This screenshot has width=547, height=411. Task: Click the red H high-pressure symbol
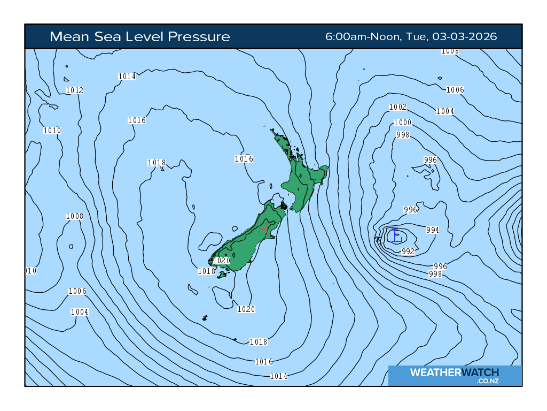click(x=263, y=230)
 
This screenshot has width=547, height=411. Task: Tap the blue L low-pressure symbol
click(x=395, y=235)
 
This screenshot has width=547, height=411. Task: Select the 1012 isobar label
click(x=75, y=90)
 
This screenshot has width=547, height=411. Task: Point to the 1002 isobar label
click(x=398, y=107)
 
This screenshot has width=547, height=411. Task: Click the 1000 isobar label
click(x=403, y=123)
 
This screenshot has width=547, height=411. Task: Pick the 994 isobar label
click(x=433, y=230)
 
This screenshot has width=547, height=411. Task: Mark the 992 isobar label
click(x=408, y=251)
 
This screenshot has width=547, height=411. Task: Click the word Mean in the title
click(x=66, y=37)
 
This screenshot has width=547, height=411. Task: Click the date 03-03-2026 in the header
click(x=465, y=37)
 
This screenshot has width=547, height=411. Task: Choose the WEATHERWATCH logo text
click(x=454, y=372)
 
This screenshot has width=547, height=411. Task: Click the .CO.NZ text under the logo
click(x=488, y=381)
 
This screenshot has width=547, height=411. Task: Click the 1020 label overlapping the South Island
click(x=221, y=261)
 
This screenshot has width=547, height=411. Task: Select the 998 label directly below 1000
click(x=403, y=135)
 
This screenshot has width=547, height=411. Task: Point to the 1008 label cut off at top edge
click(x=450, y=51)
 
